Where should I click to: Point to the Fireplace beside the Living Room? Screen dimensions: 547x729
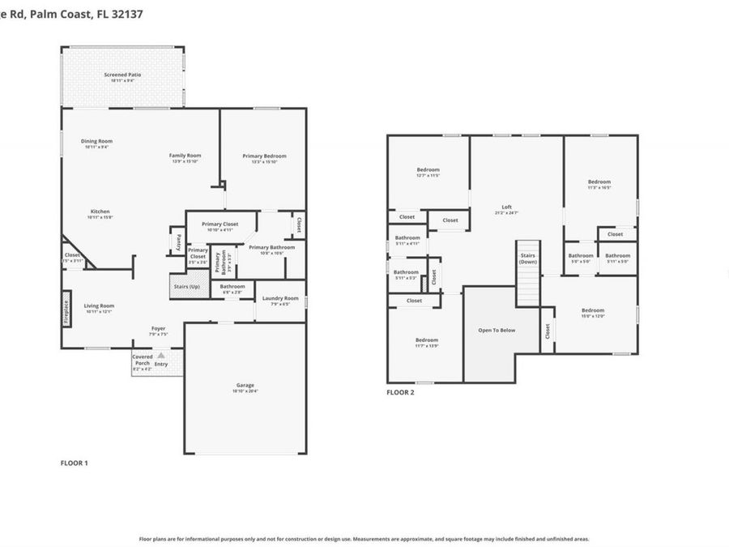click(66, 312)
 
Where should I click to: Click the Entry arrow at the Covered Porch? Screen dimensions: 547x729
click(161, 355)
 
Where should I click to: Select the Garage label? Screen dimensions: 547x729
click(245, 387)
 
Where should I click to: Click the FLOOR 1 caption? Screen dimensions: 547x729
click(74, 463)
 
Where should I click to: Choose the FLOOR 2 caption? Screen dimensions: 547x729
click(400, 392)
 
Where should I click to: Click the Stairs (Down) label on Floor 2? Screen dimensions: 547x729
click(528, 259)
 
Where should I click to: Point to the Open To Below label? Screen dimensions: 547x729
click(497, 330)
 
